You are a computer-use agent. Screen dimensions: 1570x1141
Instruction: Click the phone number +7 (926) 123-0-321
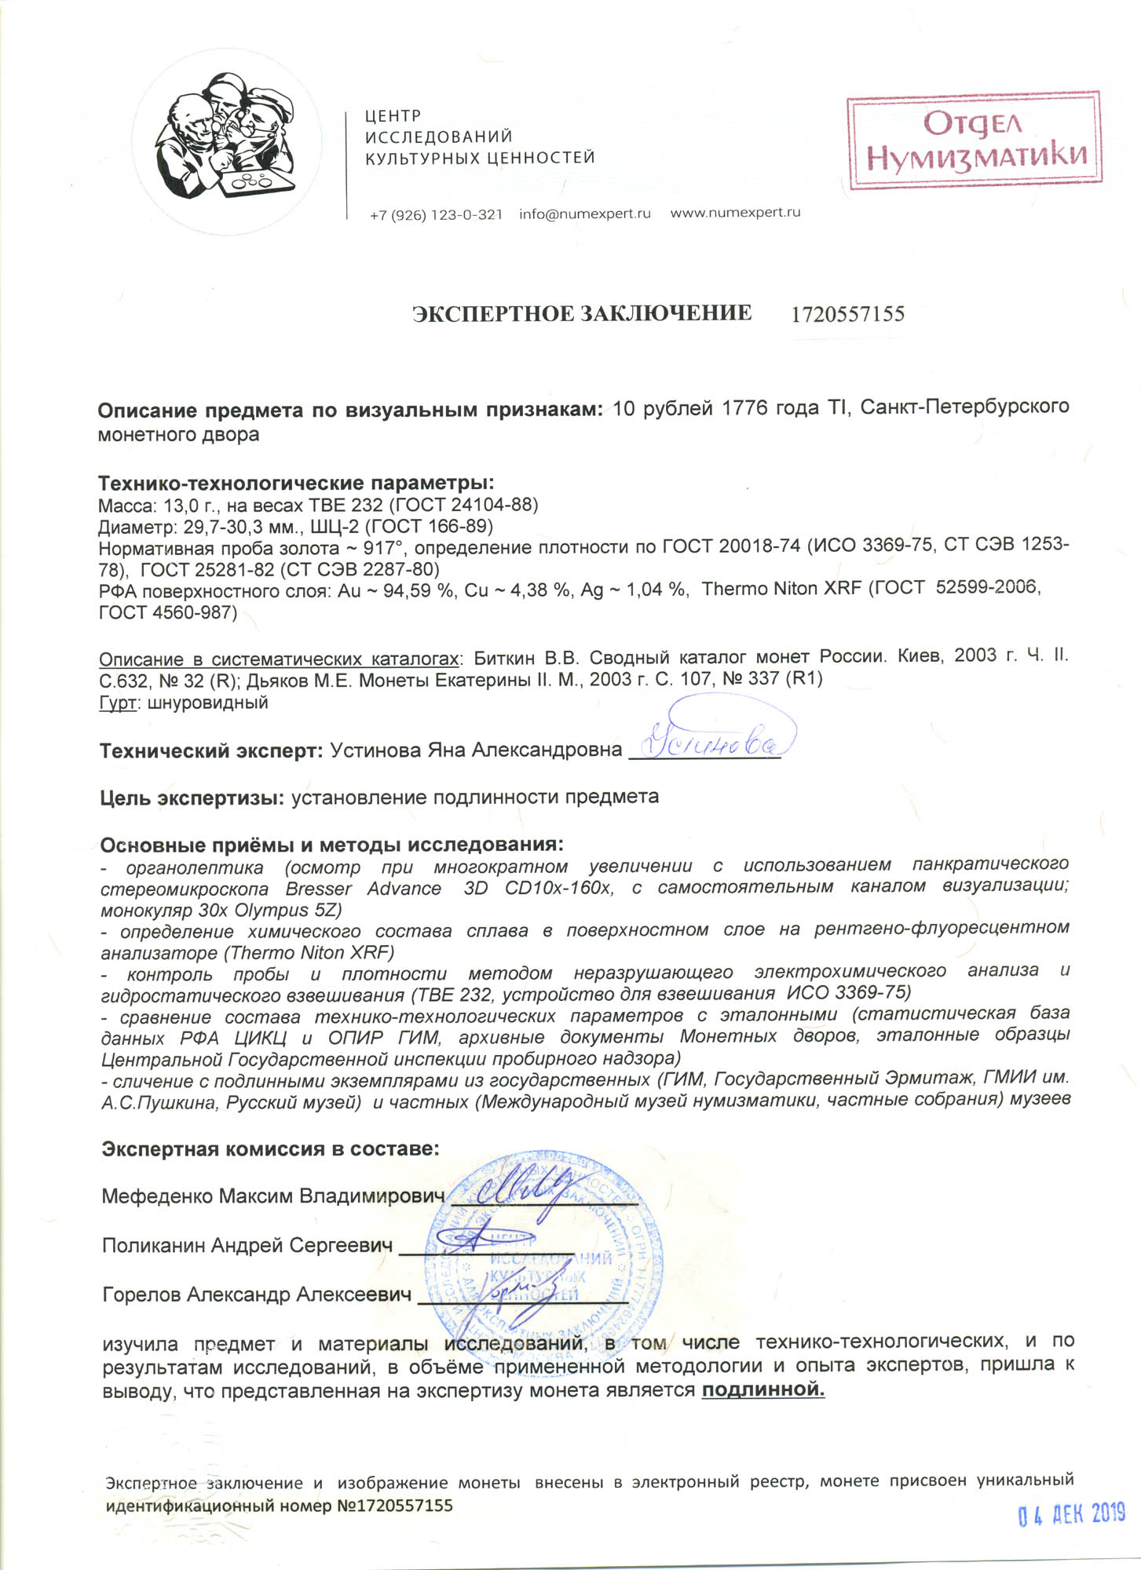(x=436, y=214)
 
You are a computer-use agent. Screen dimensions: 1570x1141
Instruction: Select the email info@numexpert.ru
(x=584, y=214)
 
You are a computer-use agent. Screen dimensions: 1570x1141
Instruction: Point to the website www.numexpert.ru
(x=735, y=213)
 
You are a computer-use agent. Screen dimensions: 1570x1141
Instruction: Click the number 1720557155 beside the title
(x=847, y=315)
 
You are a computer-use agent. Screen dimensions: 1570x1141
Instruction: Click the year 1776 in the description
(x=743, y=408)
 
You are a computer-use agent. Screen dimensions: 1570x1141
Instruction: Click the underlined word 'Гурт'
(x=118, y=703)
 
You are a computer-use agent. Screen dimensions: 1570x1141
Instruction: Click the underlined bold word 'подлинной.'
(x=762, y=1390)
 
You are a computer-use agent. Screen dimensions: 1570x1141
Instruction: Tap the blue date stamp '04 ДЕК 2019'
(x=1071, y=1513)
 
